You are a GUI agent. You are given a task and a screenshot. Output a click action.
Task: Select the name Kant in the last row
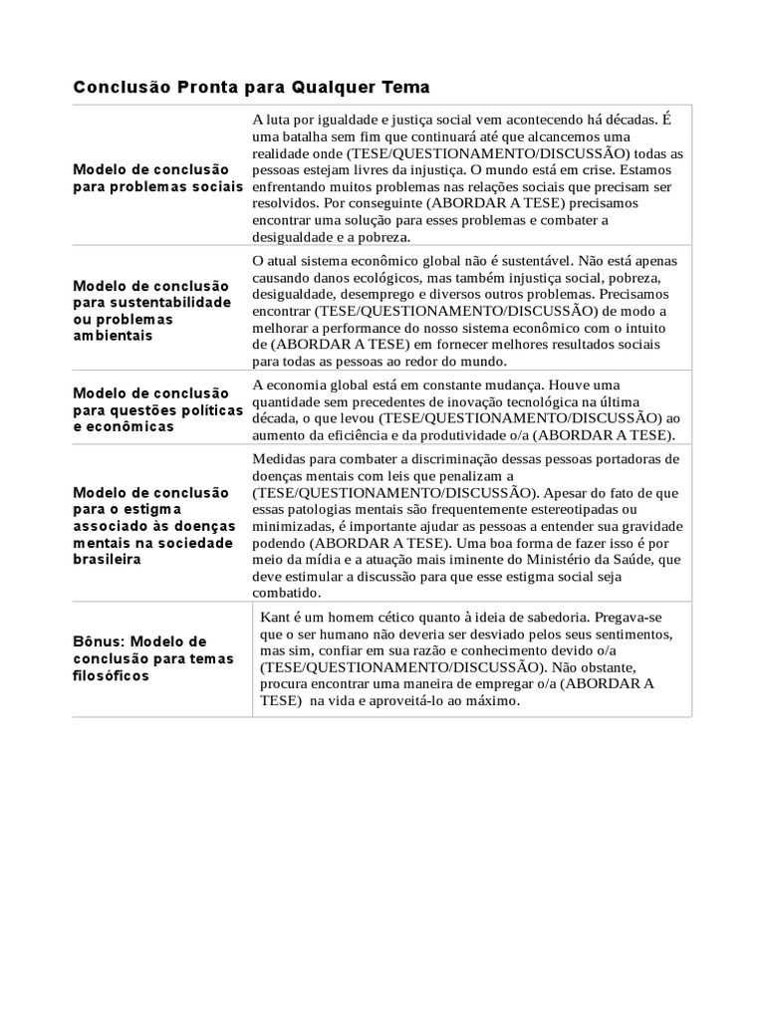(275, 618)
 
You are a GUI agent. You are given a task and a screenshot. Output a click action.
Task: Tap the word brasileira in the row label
(107, 559)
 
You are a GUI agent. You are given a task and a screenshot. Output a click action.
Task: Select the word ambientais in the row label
(113, 336)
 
